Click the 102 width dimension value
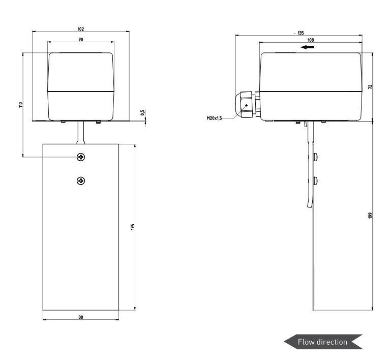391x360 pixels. (x=81, y=29)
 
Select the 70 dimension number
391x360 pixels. (x=81, y=40)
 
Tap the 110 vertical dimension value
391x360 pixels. (x=21, y=105)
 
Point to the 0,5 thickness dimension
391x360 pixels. (x=143, y=112)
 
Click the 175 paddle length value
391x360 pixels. (x=133, y=227)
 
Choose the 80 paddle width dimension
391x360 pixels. (x=81, y=317)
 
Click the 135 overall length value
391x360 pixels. (x=300, y=33)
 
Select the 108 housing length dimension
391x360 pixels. (x=311, y=40)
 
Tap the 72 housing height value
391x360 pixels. (x=370, y=86)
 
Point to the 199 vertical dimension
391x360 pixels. (x=370, y=216)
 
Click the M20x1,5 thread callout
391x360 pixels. (x=214, y=118)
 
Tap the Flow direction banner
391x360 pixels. (x=323, y=342)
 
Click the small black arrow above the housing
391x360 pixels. (x=308, y=47)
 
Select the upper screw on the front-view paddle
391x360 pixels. (x=81, y=157)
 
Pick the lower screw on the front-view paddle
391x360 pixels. (x=81, y=181)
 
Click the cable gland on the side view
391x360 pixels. (x=247, y=105)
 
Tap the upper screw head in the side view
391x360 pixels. (x=316, y=157)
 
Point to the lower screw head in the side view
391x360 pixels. (x=316, y=181)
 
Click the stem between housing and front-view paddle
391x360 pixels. (x=81, y=133)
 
